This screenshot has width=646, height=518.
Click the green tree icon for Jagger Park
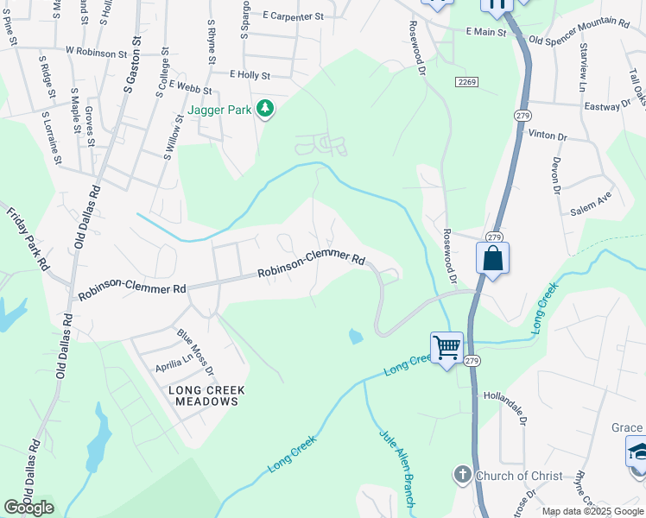[266, 110]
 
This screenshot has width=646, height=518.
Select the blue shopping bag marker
[492, 258]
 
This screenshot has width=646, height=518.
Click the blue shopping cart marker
[446, 348]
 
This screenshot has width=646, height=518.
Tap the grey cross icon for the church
[462, 475]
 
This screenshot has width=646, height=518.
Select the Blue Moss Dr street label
[196, 352]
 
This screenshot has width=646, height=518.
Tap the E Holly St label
[250, 75]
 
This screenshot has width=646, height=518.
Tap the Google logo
[28, 508]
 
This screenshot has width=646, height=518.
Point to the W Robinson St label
[90, 53]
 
